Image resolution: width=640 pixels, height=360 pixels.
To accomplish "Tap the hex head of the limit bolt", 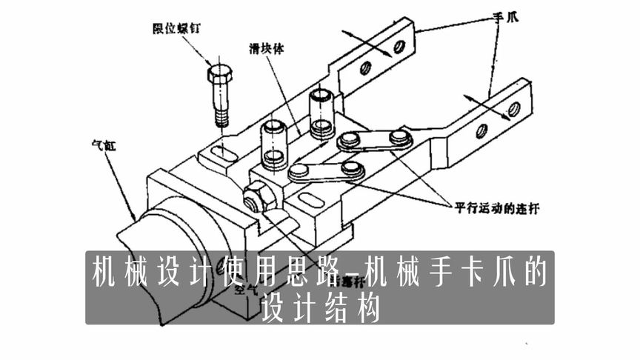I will [220, 74].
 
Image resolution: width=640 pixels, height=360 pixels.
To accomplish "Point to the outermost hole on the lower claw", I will [513, 110].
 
